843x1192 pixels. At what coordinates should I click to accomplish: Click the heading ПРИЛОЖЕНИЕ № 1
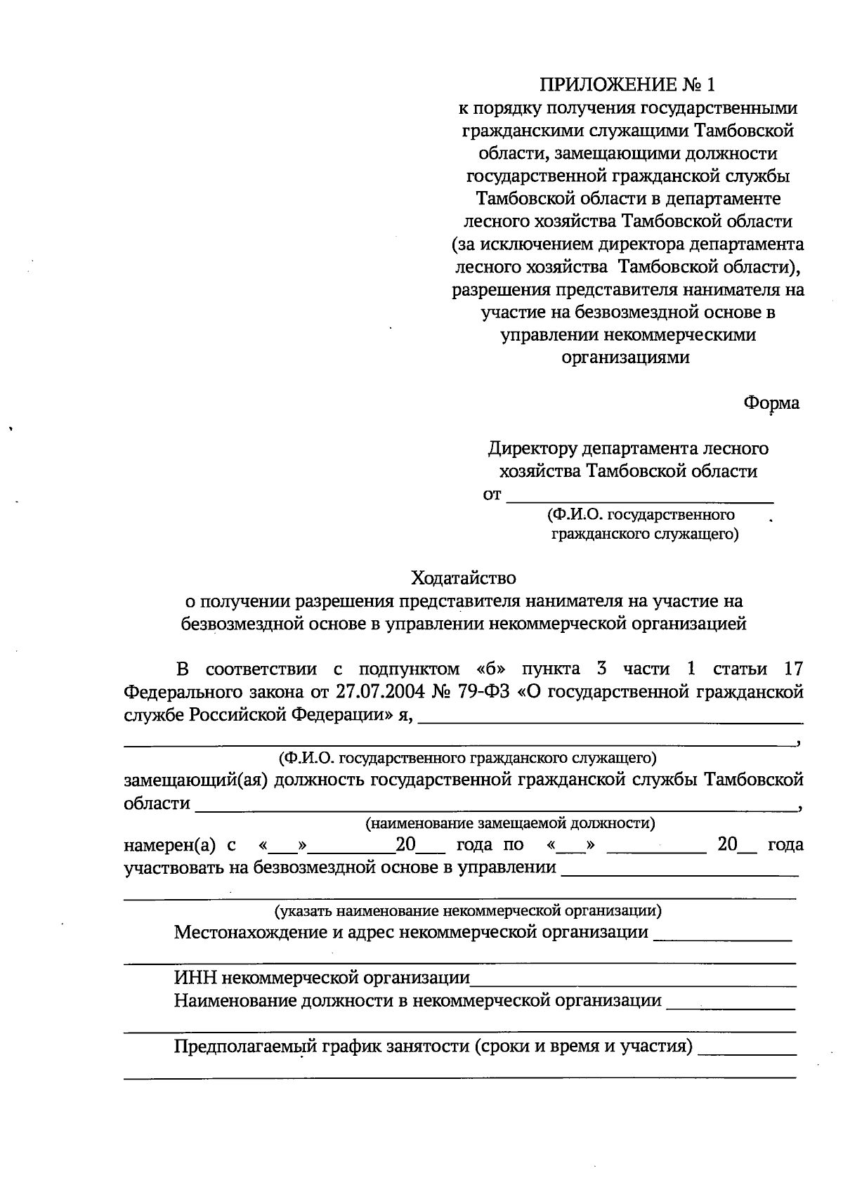(x=627, y=86)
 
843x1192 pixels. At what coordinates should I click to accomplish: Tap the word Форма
(x=771, y=403)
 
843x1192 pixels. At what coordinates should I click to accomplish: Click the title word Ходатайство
(x=464, y=578)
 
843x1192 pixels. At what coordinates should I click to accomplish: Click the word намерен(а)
(x=169, y=845)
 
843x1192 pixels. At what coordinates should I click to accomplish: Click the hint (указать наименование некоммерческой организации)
(x=467, y=912)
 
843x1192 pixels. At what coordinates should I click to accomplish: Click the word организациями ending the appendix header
(x=626, y=358)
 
